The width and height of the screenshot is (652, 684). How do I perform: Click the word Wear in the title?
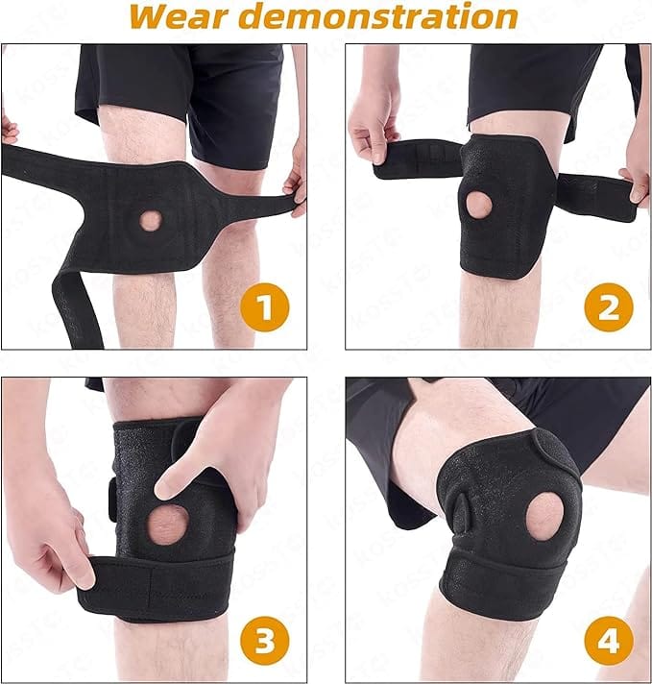point(179,16)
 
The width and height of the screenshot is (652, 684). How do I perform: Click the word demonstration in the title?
point(379,16)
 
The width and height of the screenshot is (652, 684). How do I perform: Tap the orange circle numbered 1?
point(265,308)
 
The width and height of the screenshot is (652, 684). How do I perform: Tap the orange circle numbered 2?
point(609,308)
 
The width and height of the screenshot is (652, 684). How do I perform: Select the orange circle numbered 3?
point(265,641)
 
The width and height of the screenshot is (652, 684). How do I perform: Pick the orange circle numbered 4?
point(609,641)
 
